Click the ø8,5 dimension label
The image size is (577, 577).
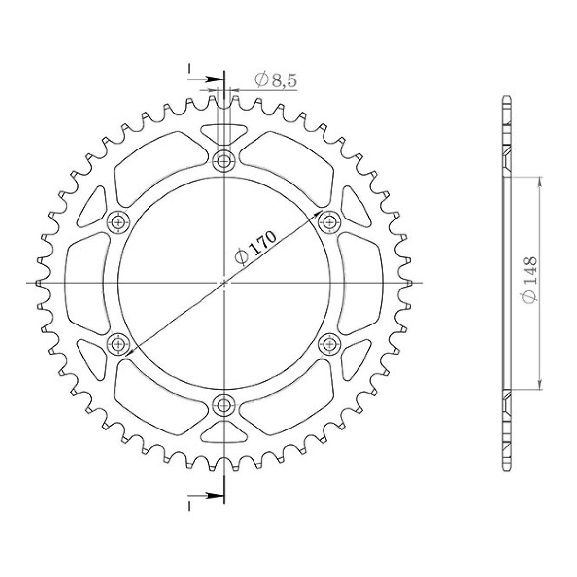point(275,80)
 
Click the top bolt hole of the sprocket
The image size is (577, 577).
point(223,162)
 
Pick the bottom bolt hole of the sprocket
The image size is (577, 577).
point(223,405)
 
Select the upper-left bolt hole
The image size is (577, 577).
point(118,221)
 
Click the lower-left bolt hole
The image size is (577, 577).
point(118,343)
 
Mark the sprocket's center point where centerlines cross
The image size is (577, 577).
point(223,283)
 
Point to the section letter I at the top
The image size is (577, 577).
point(189,68)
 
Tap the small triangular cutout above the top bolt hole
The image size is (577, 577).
point(223,133)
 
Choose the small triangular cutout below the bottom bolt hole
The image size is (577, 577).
point(223,432)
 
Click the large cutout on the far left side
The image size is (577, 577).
point(86,283)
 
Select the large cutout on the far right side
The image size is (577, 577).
point(361,283)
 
